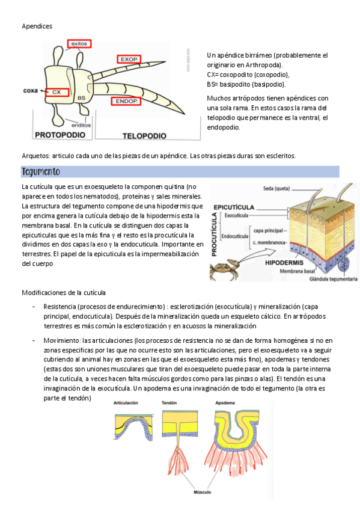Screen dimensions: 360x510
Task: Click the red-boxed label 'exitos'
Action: click(79, 43)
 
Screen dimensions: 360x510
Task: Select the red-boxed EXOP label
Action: click(129, 59)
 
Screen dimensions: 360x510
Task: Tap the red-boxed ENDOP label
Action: click(126, 101)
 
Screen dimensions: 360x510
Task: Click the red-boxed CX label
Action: click(57, 93)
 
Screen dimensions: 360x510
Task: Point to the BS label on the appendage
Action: click(82, 98)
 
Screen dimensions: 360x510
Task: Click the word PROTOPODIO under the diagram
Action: click(60, 135)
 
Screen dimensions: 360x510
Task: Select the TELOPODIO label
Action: click(144, 136)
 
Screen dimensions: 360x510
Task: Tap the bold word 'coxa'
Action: click(31, 90)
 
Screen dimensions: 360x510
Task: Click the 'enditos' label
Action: click(81, 125)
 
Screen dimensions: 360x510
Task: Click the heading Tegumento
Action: click(41, 171)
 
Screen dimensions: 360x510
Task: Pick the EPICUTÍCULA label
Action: click(234, 207)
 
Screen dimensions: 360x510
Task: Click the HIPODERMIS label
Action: click(284, 262)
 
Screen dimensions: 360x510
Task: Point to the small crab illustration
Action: click(225, 269)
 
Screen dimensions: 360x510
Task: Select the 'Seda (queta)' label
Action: click(276, 188)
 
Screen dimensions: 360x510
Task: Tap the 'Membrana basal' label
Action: click(297, 271)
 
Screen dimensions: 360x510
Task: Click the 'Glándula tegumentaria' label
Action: click(334, 278)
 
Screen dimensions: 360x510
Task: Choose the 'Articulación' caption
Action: click(126, 403)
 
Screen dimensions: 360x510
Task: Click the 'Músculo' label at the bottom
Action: click(203, 492)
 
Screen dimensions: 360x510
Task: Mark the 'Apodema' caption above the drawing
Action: click(225, 403)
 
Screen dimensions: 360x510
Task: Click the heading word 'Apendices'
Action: click(37, 26)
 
